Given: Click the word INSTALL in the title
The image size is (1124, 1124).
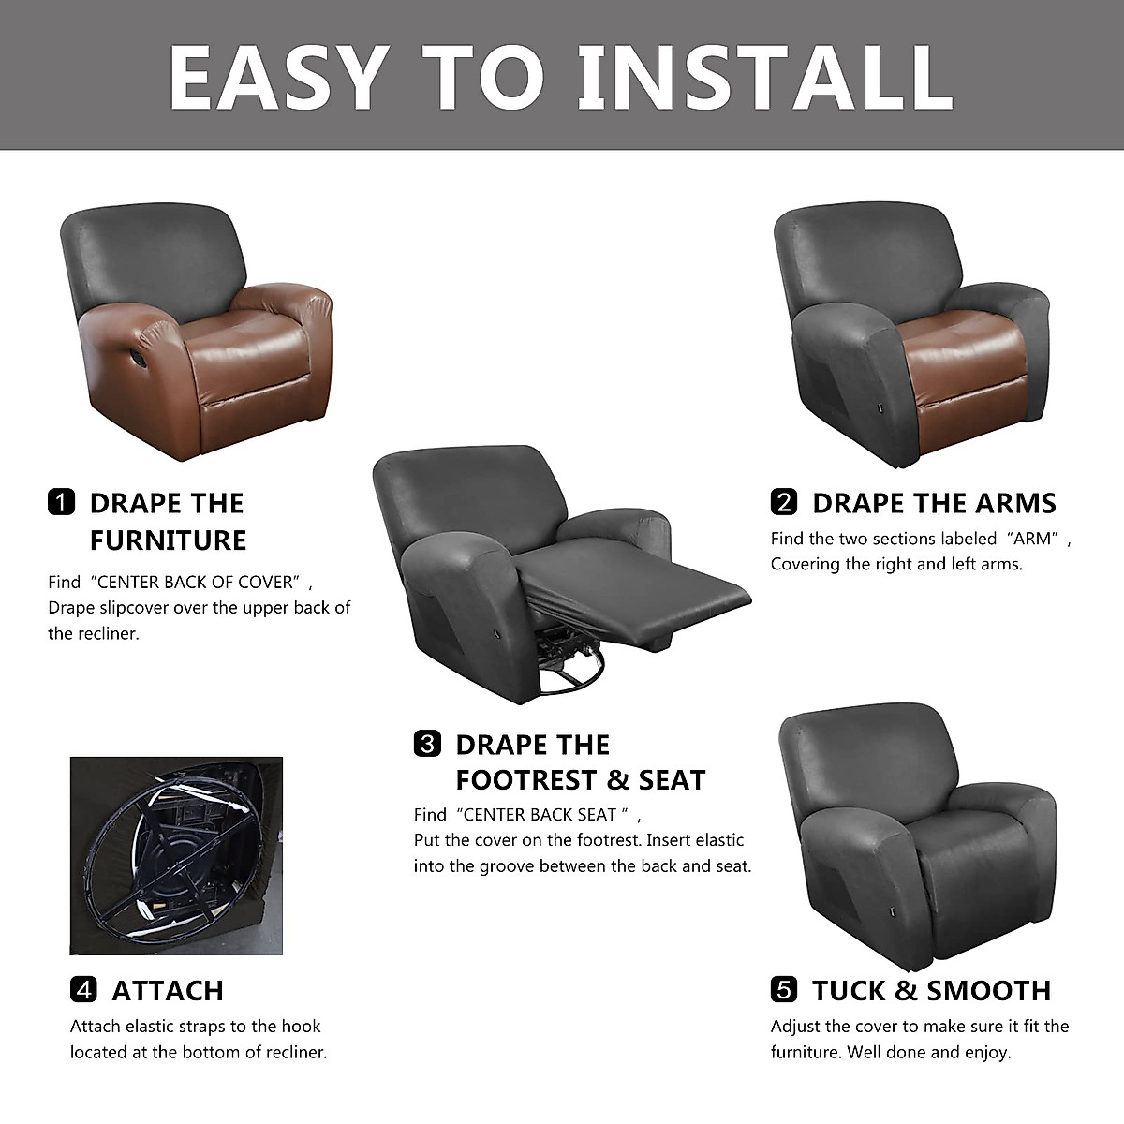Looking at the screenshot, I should [x=765, y=76].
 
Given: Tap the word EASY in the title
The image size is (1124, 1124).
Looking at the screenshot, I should [x=278, y=76].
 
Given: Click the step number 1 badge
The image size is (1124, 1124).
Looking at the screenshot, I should [x=60, y=503].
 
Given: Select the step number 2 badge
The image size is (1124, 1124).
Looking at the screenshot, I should [x=784, y=503].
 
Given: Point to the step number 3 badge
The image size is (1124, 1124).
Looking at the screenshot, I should [x=427, y=745].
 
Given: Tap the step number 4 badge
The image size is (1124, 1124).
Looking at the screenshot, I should [x=83, y=989].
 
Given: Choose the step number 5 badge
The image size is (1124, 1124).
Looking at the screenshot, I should [x=784, y=989].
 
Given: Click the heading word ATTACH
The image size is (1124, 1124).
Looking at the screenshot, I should [x=168, y=990].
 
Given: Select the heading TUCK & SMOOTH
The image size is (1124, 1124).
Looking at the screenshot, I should [x=931, y=990].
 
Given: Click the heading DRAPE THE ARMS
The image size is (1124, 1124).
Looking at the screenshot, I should [x=934, y=503].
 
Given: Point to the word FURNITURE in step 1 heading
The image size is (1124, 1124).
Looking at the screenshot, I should [x=169, y=540].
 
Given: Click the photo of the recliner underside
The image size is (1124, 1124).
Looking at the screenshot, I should [x=176, y=855].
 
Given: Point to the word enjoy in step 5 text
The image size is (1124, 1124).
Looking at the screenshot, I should [x=984, y=1052].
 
